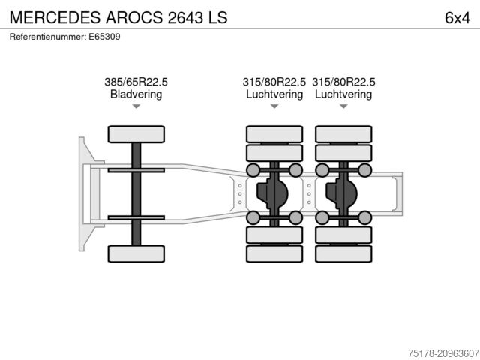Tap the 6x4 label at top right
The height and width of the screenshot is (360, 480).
pos(457,16)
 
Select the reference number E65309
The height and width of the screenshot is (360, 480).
pos(65,36)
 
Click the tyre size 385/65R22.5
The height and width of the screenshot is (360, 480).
pos(136,82)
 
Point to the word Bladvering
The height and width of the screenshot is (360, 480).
pos(136,94)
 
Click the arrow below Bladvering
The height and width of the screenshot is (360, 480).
pos(136,107)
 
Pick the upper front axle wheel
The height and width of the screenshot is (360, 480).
pos(136,134)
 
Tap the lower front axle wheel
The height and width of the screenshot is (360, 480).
pos(136,253)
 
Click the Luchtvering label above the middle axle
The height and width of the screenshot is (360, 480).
pos(274,94)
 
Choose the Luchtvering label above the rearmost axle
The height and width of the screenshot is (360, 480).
pos(343,94)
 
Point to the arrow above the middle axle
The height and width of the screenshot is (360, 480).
pos(274,107)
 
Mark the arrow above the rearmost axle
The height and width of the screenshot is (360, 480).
pos(343,107)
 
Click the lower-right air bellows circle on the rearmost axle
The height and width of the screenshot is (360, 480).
pos(364,218)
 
